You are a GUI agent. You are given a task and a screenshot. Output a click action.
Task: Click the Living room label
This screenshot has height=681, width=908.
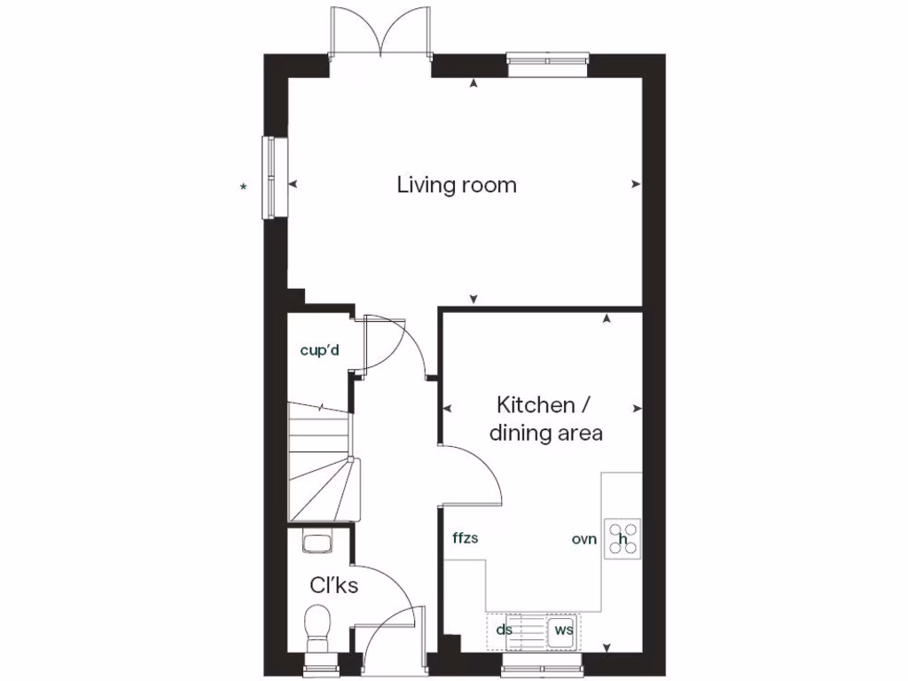(x=456, y=185)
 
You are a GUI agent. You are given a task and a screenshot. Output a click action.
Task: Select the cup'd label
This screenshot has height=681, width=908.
(x=320, y=351)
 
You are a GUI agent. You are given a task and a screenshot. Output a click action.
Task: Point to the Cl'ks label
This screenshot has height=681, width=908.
(x=333, y=585)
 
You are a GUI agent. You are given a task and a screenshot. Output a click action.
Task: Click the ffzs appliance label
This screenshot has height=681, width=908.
(x=466, y=538)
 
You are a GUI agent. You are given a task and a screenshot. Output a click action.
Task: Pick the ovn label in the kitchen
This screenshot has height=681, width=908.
(x=584, y=538)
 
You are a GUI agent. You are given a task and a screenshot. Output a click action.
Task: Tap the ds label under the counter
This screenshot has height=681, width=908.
(x=505, y=630)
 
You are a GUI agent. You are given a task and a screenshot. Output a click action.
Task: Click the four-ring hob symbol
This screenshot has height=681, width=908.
(x=623, y=538)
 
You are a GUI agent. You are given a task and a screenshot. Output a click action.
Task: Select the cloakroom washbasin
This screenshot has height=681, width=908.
(x=317, y=540)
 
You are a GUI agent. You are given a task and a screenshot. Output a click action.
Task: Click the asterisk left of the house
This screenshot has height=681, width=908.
(x=243, y=186)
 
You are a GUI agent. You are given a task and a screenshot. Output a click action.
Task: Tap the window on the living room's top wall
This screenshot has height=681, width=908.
(x=549, y=60)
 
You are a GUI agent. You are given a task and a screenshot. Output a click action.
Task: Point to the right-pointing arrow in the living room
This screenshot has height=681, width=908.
(x=636, y=184)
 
